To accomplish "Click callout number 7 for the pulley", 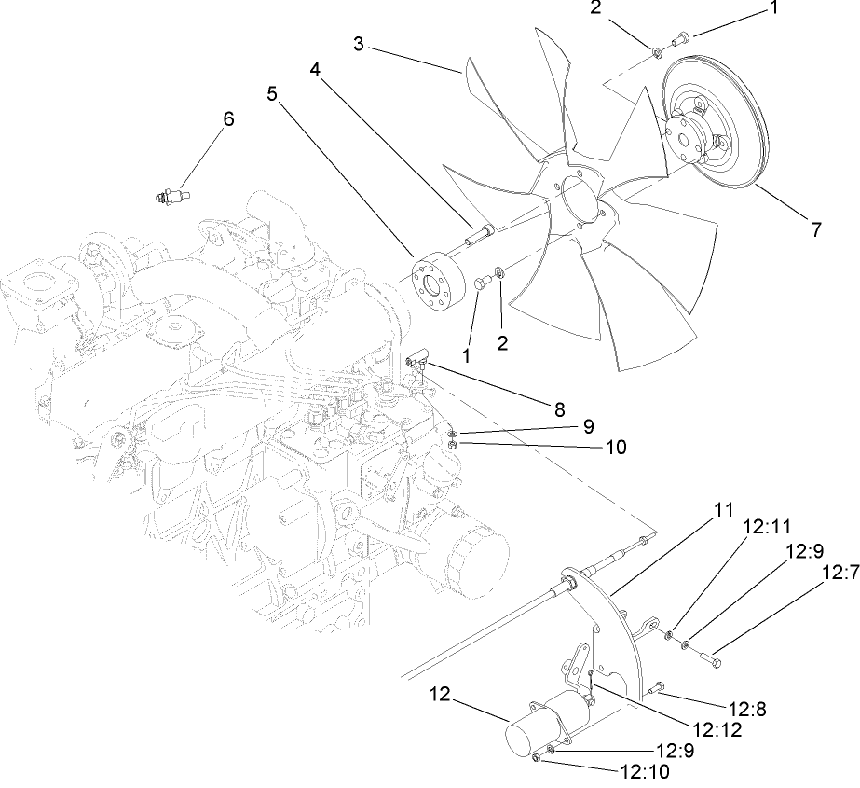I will tap(815, 228).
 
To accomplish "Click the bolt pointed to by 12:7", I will tap(709, 659).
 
